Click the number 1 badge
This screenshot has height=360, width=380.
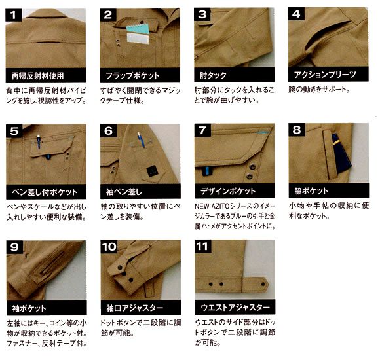click(14, 14)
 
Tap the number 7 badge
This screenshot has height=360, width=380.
click(202, 130)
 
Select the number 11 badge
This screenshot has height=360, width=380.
click(203, 247)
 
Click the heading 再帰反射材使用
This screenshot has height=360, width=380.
click(37, 76)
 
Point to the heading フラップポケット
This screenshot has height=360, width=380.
click(132, 75)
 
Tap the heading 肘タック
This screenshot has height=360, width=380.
click(213, 75)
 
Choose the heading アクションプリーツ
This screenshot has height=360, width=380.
click(325, 75)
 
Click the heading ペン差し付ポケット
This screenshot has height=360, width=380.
click(45, 192)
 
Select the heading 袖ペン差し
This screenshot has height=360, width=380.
click(124, 192)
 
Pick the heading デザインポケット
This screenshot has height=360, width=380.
click(228, 191)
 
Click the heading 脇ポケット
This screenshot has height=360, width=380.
click(311, 190)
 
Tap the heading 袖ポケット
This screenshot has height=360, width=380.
click(29, 308)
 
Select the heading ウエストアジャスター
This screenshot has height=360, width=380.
click(235, 307)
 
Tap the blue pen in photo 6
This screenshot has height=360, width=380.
click(141, 139)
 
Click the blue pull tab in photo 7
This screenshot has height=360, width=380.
click(207, 171)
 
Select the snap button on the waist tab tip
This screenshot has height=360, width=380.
click(263, 284)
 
